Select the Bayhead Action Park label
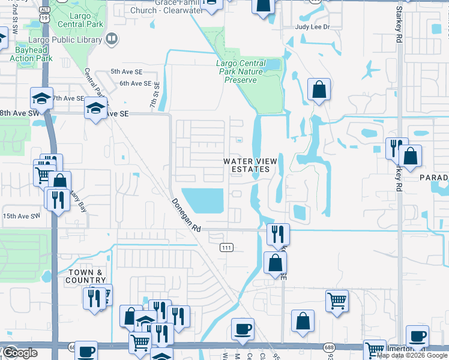(31, 54)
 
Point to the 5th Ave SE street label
(126, 71)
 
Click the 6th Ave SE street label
(135, 83)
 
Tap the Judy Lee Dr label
(312, 28)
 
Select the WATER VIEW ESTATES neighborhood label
(246, 165)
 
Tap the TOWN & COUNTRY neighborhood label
(85, 276)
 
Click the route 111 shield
(226, 247)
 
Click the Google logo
(19, 352)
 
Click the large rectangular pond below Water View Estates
(202, 200)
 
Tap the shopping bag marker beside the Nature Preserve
(319, 89)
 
